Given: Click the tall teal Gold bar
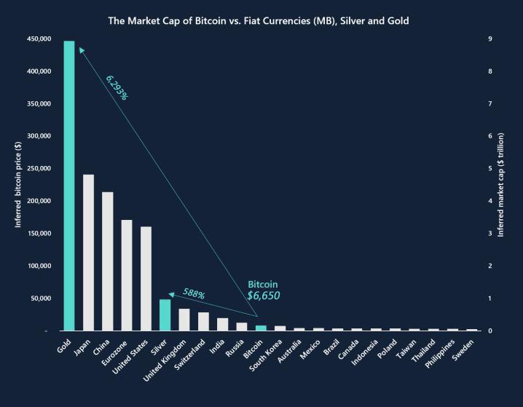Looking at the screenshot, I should click(69, 186).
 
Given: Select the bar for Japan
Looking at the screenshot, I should click(88, 252).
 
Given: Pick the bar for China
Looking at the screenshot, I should click(108, 261).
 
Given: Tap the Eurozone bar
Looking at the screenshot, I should click(127, 274).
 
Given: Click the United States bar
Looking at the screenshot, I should click(146, 278).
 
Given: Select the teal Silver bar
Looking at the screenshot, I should click(165, 315).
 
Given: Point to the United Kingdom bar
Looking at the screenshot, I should click(184, 320).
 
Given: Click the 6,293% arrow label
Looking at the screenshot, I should click(117, 87).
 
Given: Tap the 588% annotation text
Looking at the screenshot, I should click(194, 294).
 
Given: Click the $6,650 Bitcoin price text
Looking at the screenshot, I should click(264, 296).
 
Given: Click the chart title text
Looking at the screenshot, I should click(259, 21).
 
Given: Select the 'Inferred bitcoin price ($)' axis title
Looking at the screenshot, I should click(20, 186).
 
